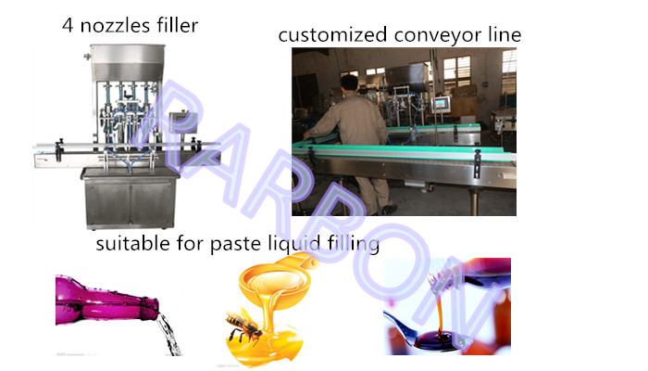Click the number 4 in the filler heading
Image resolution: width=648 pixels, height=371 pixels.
coord(68,25)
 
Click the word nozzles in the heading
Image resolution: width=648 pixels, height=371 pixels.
coord(115,26)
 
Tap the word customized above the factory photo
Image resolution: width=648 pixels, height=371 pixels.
coord(332,35)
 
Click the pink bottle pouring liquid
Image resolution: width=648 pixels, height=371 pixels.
coord(106,300)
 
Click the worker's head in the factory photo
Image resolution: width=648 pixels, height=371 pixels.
coord(350,82)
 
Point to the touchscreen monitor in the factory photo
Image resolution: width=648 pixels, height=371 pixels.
coord(441,104)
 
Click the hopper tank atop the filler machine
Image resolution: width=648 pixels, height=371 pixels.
coord(128,62)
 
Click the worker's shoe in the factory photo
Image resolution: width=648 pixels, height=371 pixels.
coord(388,211)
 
